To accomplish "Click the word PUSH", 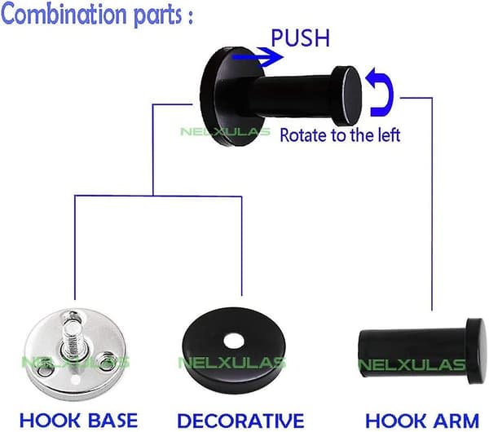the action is [x=300, y=38].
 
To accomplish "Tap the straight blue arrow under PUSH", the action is [x=258, y=57].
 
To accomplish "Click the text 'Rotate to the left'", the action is [x=340, y=135].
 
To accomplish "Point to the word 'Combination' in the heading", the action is [x=65, y=14].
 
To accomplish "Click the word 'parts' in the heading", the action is [x=158, y=15].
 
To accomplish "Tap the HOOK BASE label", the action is [x=78, y=420].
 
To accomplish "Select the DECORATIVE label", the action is [x=240, y=421].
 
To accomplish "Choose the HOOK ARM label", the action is [x=422, y=421].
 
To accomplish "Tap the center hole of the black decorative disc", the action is [x=234, y=341].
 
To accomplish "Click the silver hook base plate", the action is [x=75, y=354].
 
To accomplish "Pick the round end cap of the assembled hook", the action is [x=346, y=95].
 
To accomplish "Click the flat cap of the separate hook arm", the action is [x=476, y=351].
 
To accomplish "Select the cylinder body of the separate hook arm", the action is [x=412, y=352].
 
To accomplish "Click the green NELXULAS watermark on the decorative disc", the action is [x=232, y=363].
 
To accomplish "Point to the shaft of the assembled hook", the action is [x=297, y=94].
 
